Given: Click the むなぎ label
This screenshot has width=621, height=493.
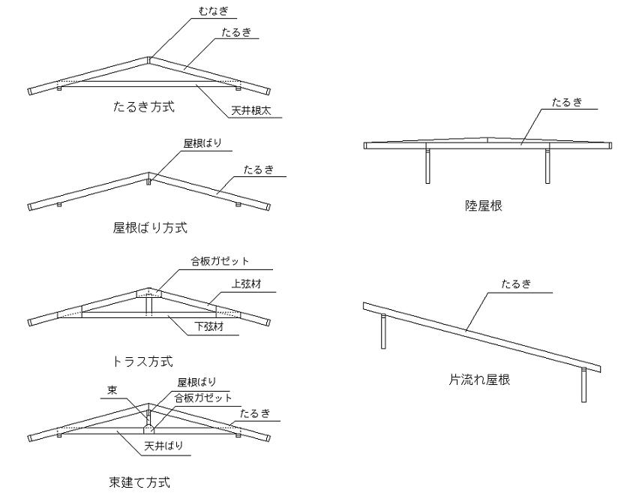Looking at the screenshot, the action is (214, 11).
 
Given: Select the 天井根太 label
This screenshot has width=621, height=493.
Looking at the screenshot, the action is (251, 110).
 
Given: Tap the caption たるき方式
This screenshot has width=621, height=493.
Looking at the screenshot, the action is (144, 107).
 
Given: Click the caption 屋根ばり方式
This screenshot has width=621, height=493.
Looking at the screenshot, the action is (150, 227).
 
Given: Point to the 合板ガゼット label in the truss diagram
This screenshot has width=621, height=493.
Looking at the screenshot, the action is (220, 261).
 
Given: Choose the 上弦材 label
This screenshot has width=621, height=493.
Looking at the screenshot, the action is (246, 284).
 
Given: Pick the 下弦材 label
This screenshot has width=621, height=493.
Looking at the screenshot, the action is (209, 326).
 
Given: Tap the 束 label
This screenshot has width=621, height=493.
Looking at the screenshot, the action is (112, 390).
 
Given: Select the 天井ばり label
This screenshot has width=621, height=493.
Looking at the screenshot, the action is (163, 446).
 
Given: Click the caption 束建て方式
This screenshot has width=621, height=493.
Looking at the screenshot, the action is (139, 482).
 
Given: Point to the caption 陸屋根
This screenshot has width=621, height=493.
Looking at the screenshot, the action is (484, 206).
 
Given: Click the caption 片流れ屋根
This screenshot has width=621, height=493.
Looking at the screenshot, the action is (479, 380).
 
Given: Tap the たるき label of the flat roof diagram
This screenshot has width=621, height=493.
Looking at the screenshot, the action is (567, 102).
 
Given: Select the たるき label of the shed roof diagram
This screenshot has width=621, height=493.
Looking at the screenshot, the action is (516, 284).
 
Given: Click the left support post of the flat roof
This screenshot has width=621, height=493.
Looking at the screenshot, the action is (427, 166).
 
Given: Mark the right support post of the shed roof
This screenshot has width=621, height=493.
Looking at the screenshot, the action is (583, 385).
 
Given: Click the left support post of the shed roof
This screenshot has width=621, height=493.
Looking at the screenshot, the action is (383, 332).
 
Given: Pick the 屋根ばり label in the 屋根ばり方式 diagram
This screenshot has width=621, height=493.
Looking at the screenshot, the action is (202, 143).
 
